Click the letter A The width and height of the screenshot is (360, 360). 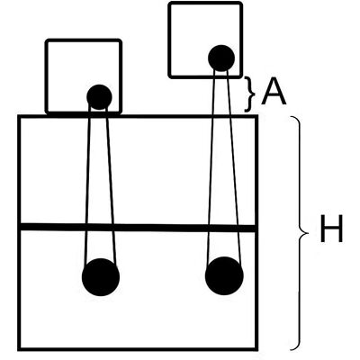[274, 92]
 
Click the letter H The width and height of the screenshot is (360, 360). [331, 229]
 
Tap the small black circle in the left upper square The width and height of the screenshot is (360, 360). [99, 97]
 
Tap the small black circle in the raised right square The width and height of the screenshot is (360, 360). [221, 58]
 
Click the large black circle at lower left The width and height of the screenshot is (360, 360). [101, 277]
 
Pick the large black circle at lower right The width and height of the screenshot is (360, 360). [224, 275]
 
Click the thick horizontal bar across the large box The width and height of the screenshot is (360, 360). [138, 228]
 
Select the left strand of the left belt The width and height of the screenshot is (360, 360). [87, 184]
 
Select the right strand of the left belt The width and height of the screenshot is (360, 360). [111, 184]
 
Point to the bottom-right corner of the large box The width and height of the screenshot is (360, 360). [256, 349]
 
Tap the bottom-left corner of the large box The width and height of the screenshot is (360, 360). [19, 349]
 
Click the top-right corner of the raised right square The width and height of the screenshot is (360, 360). [241, 4]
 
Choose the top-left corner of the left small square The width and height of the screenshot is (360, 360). [47, 40]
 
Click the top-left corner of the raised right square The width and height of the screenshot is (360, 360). [170, 4]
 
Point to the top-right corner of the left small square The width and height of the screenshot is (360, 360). [121, 40]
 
